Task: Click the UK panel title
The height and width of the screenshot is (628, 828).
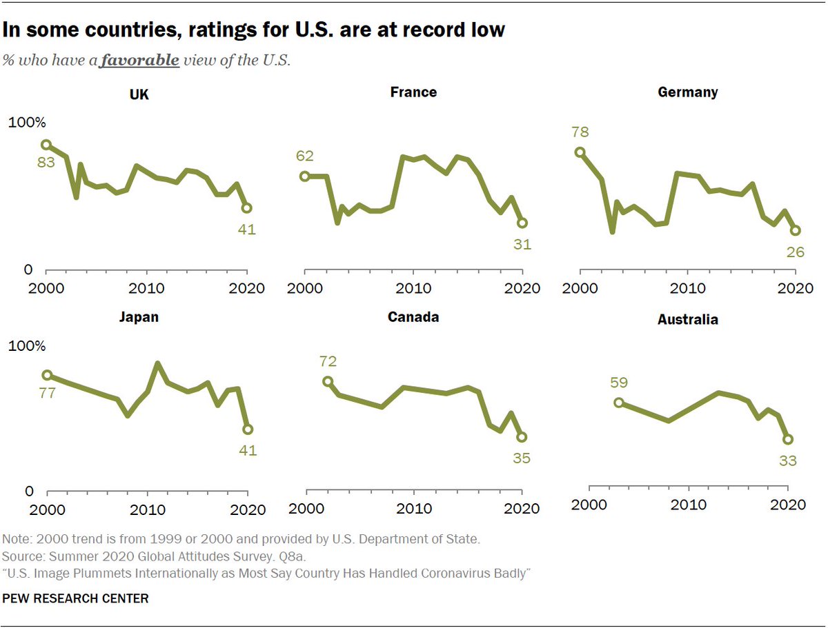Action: [139, 95]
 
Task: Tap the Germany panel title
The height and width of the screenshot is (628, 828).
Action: [688, 92]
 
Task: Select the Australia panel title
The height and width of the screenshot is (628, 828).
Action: [688, 320]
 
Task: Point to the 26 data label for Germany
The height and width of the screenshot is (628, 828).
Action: [795, 252]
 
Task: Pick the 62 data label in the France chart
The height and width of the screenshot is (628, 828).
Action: [304, 156]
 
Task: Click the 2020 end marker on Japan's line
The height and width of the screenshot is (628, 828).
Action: [248, 429]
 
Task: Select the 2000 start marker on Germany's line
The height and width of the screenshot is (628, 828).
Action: [580, 152]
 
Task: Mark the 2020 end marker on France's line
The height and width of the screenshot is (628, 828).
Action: [522, 223]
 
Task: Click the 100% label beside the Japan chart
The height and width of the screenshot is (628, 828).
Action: [26, 347]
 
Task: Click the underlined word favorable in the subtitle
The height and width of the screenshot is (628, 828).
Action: [139, 61]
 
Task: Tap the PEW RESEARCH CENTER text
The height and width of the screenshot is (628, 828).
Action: [76, 598]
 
